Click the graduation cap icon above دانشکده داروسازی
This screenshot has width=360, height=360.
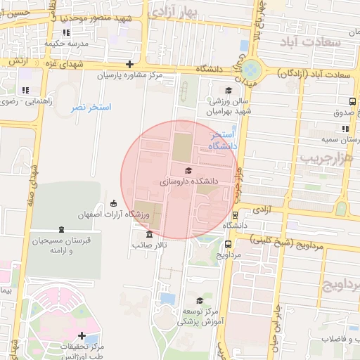(x=188, y=170)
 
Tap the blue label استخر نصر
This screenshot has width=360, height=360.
(x=91, y=108)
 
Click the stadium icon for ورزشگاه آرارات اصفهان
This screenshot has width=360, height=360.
(x=114, y=204)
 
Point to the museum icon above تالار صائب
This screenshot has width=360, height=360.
(x=148, y=235)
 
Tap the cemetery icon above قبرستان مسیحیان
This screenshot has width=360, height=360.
(x=61, y=229)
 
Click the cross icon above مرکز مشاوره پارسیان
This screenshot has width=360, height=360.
(x=129, y=64)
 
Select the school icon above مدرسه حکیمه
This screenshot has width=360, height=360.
(x=66, y=32)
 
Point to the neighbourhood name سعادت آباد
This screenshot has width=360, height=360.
(x=315, y=42)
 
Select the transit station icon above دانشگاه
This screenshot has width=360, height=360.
(x=234, y=215)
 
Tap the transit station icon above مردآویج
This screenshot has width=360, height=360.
(x=229, y=244)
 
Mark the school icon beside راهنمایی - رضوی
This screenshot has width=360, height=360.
(x=25, y=90)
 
